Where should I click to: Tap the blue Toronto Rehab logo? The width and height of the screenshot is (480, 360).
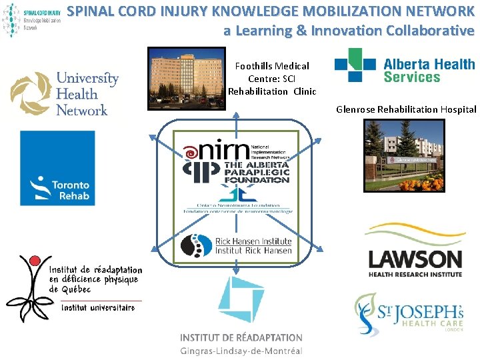click(57, 167)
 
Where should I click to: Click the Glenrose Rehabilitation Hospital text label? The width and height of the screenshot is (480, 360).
click(406, 109)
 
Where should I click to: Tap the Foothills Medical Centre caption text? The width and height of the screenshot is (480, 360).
click(272, 78)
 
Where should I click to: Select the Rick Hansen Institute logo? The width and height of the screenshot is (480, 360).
click(237, 245)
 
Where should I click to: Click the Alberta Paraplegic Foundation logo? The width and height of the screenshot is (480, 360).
click(237, 171)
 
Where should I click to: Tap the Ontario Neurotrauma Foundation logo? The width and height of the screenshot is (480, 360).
click(237, 200)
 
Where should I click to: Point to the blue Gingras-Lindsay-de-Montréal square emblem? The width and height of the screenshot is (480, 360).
click(241, 299)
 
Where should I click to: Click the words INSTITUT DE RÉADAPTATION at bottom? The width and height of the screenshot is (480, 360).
click(241, 338)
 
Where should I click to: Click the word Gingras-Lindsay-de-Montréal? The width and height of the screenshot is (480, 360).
click(241, 351)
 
